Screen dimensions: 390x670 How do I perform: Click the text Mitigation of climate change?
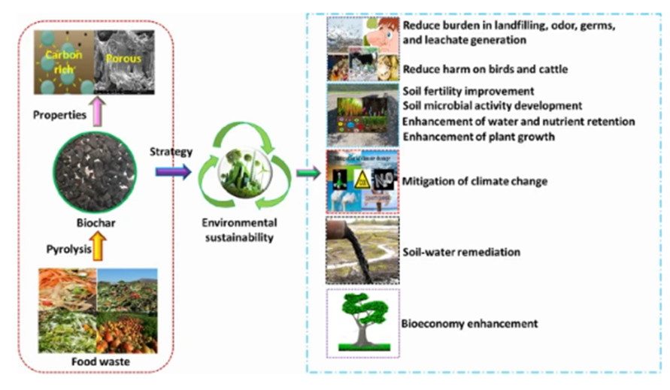(475, 181)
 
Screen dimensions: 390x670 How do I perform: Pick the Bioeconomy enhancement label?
(470, 324)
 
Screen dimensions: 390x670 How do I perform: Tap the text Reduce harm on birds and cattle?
(484, 69)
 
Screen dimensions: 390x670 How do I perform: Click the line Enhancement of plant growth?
(478, 136)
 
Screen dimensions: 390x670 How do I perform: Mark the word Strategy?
(172, 152)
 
